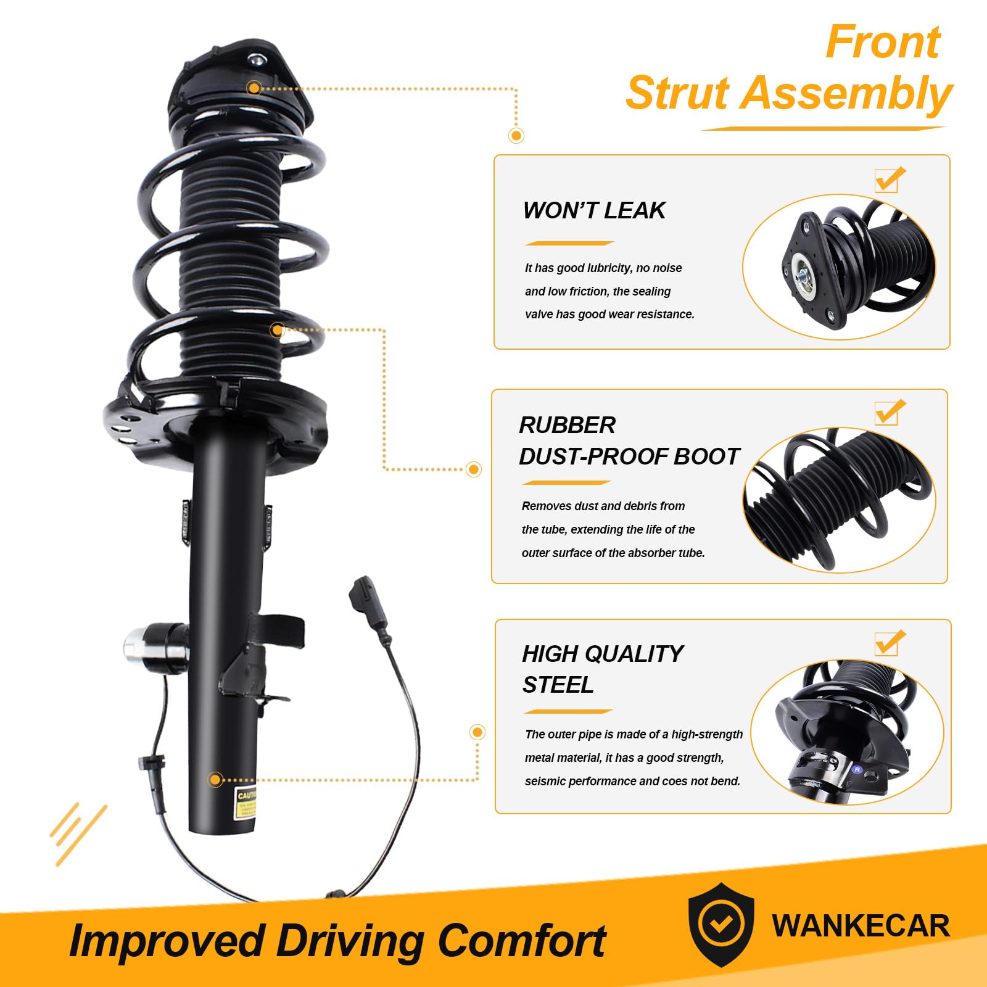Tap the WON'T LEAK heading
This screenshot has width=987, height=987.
[593, 210]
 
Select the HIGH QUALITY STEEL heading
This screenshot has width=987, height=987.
[601, 669]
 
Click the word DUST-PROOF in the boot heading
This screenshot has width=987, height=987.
[592, 456]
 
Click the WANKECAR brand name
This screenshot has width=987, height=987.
[861, 925]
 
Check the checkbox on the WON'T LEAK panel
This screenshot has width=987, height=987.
[888, 180]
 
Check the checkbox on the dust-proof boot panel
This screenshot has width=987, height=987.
[888, 413]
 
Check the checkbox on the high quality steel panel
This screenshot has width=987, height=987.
[888, 643]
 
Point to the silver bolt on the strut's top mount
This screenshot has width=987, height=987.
[255, 60]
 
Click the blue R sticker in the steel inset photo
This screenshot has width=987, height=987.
[857, 769]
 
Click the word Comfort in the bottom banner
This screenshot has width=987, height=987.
[521, 941]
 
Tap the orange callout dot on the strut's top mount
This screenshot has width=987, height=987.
[254, 88]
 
